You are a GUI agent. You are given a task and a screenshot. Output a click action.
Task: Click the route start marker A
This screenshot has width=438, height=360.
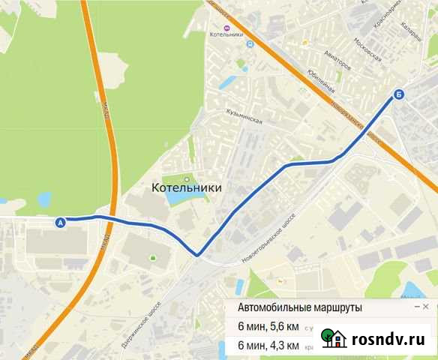61,222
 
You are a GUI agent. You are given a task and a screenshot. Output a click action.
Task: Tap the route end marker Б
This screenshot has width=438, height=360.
398,94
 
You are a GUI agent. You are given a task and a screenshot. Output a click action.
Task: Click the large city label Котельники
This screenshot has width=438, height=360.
187,187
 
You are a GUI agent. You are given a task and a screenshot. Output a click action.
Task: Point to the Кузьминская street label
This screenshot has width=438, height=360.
244,116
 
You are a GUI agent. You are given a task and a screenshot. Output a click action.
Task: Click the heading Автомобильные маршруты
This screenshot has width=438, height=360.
299,308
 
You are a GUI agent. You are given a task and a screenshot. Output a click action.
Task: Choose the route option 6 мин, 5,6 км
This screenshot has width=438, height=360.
268,327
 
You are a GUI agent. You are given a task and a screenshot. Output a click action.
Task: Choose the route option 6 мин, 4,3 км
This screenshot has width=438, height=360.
268,346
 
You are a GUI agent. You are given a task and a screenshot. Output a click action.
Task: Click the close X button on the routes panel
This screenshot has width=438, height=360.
426,307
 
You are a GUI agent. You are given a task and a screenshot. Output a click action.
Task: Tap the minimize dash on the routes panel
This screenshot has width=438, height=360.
416,307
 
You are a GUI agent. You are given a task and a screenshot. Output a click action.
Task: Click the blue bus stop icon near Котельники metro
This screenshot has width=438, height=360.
250,43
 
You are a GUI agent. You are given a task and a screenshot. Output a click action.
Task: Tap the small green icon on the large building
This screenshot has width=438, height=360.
153,259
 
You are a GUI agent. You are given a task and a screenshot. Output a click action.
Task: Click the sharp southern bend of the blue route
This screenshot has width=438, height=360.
197,255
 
